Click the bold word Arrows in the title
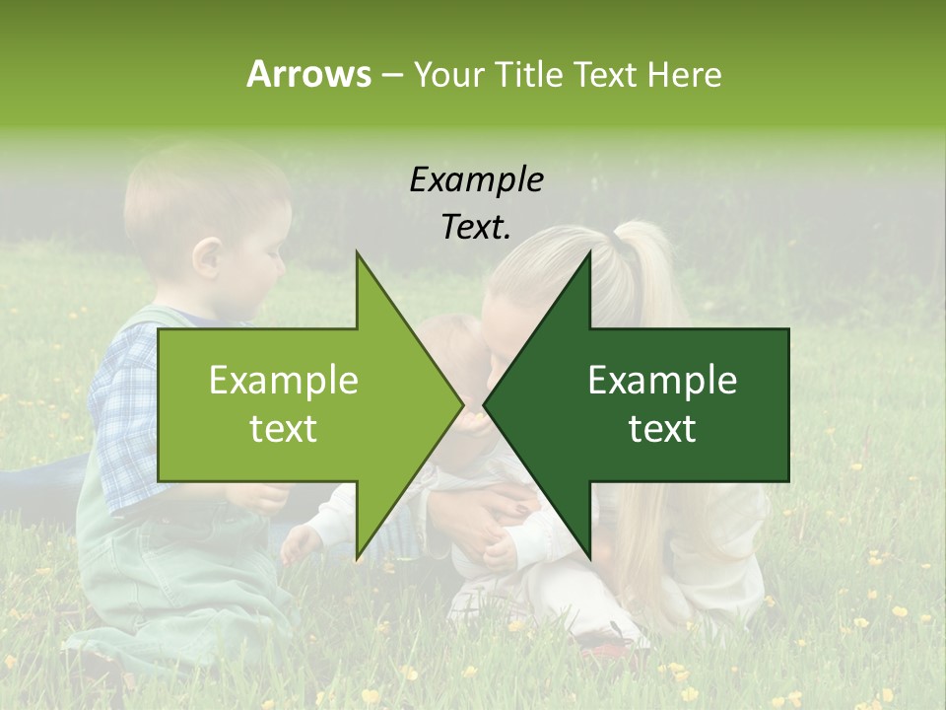(x=308, y=74)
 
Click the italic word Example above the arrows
(x=476, y=179)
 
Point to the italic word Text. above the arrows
(x=476, y=227)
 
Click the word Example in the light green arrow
(x=284, y=380)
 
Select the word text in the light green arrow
(x=284, y=429)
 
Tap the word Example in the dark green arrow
(x=662, y=380)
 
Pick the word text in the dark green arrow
(x=662, y=429)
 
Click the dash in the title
(x=391, y=76)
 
